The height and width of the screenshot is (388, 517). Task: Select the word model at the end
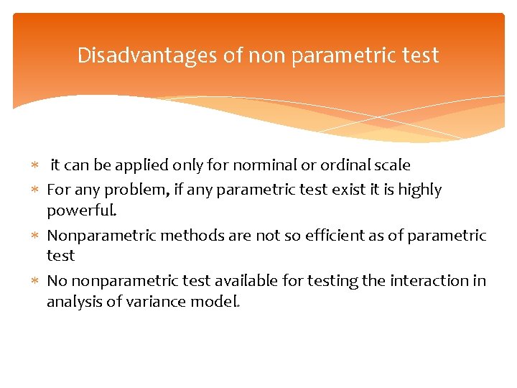pyautogui.click(x=216, y=302)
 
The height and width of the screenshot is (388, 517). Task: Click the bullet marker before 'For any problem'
pyautogui.click(x=37, y=190)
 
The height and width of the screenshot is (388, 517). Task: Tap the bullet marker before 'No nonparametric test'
pyautogui.click(x=37, y=282)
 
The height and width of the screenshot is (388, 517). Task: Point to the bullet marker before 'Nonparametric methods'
pyautogui.click(x=37, y=236)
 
